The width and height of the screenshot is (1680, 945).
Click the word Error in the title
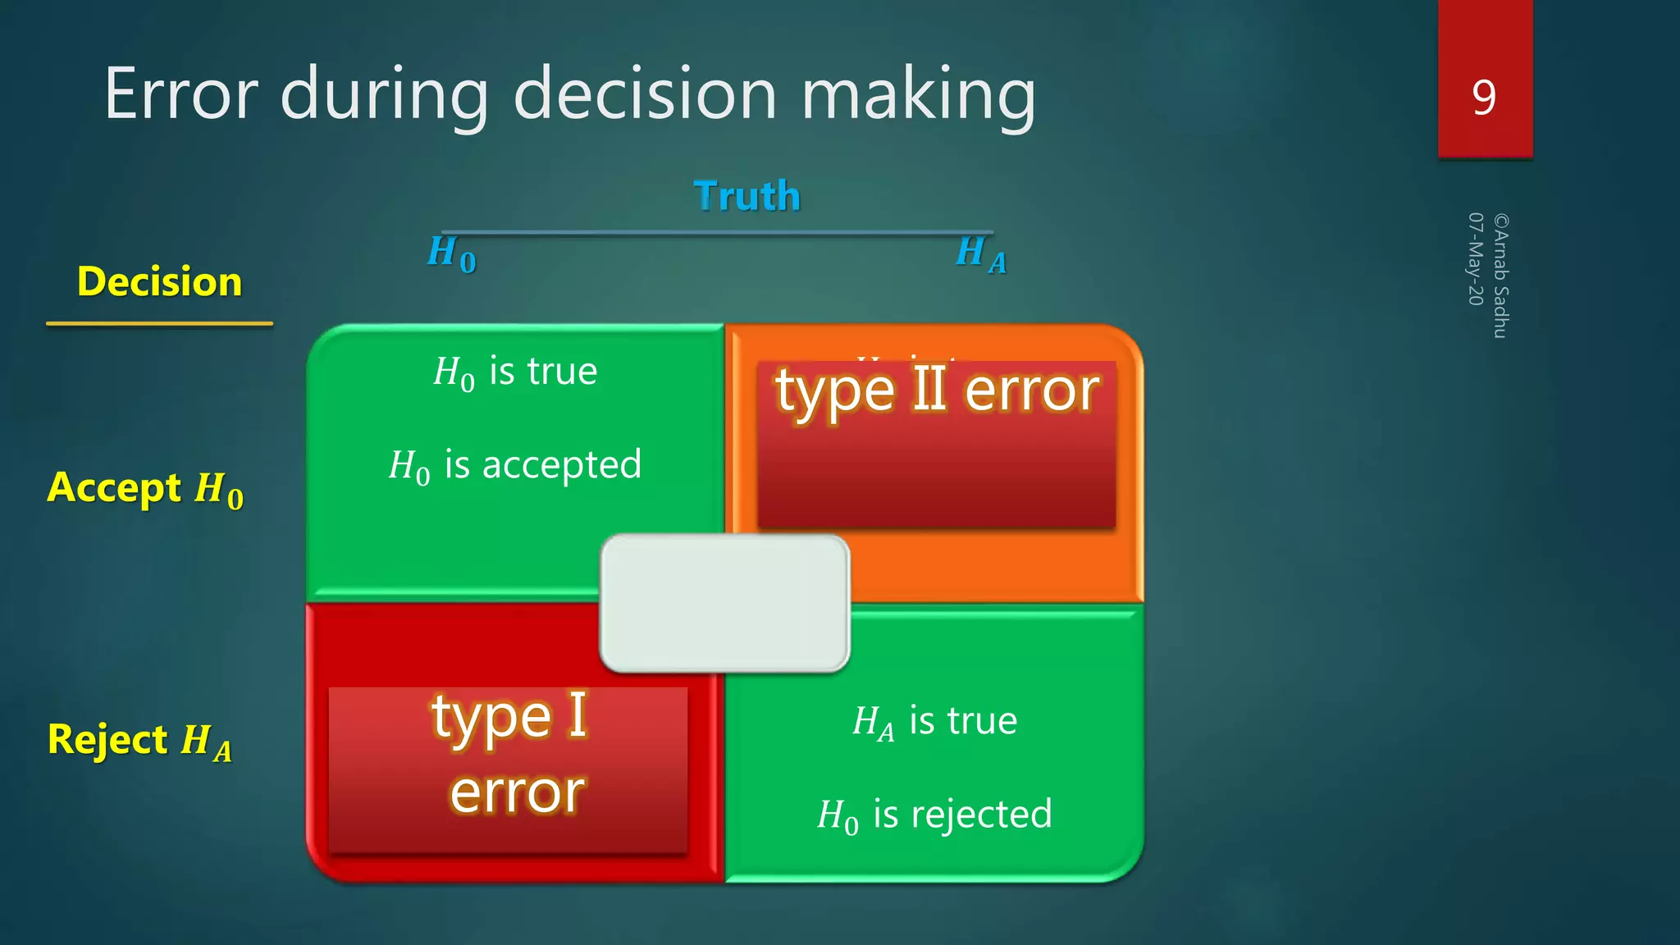coord(181,94)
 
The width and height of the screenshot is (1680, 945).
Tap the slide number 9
coord(1484,98)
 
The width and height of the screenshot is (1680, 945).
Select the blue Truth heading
coord(746,196)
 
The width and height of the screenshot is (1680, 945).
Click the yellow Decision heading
coord(159,281)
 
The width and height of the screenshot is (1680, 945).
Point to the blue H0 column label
coord(451,253)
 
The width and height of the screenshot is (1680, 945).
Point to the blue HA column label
coord(981,253)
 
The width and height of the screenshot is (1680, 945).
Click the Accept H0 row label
coord(145,489)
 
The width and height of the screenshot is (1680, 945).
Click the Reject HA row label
coord(139,741)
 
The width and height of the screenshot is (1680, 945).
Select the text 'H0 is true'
coord(515,372)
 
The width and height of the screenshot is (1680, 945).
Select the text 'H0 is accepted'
coord(515,466)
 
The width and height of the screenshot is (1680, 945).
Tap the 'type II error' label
coord(936,391)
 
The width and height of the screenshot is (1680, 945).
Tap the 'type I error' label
coord(509,753)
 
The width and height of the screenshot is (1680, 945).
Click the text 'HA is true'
coord(934,722)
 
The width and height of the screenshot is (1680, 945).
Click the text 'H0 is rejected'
coord(934,815)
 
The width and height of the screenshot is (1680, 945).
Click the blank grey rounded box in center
coord(724,603)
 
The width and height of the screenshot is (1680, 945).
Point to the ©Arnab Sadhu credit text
coord(1500,276)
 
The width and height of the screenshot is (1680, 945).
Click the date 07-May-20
coord(1475,259)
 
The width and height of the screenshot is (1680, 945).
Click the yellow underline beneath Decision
coord(159,324)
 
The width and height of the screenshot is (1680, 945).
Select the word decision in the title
coord(645,94)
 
